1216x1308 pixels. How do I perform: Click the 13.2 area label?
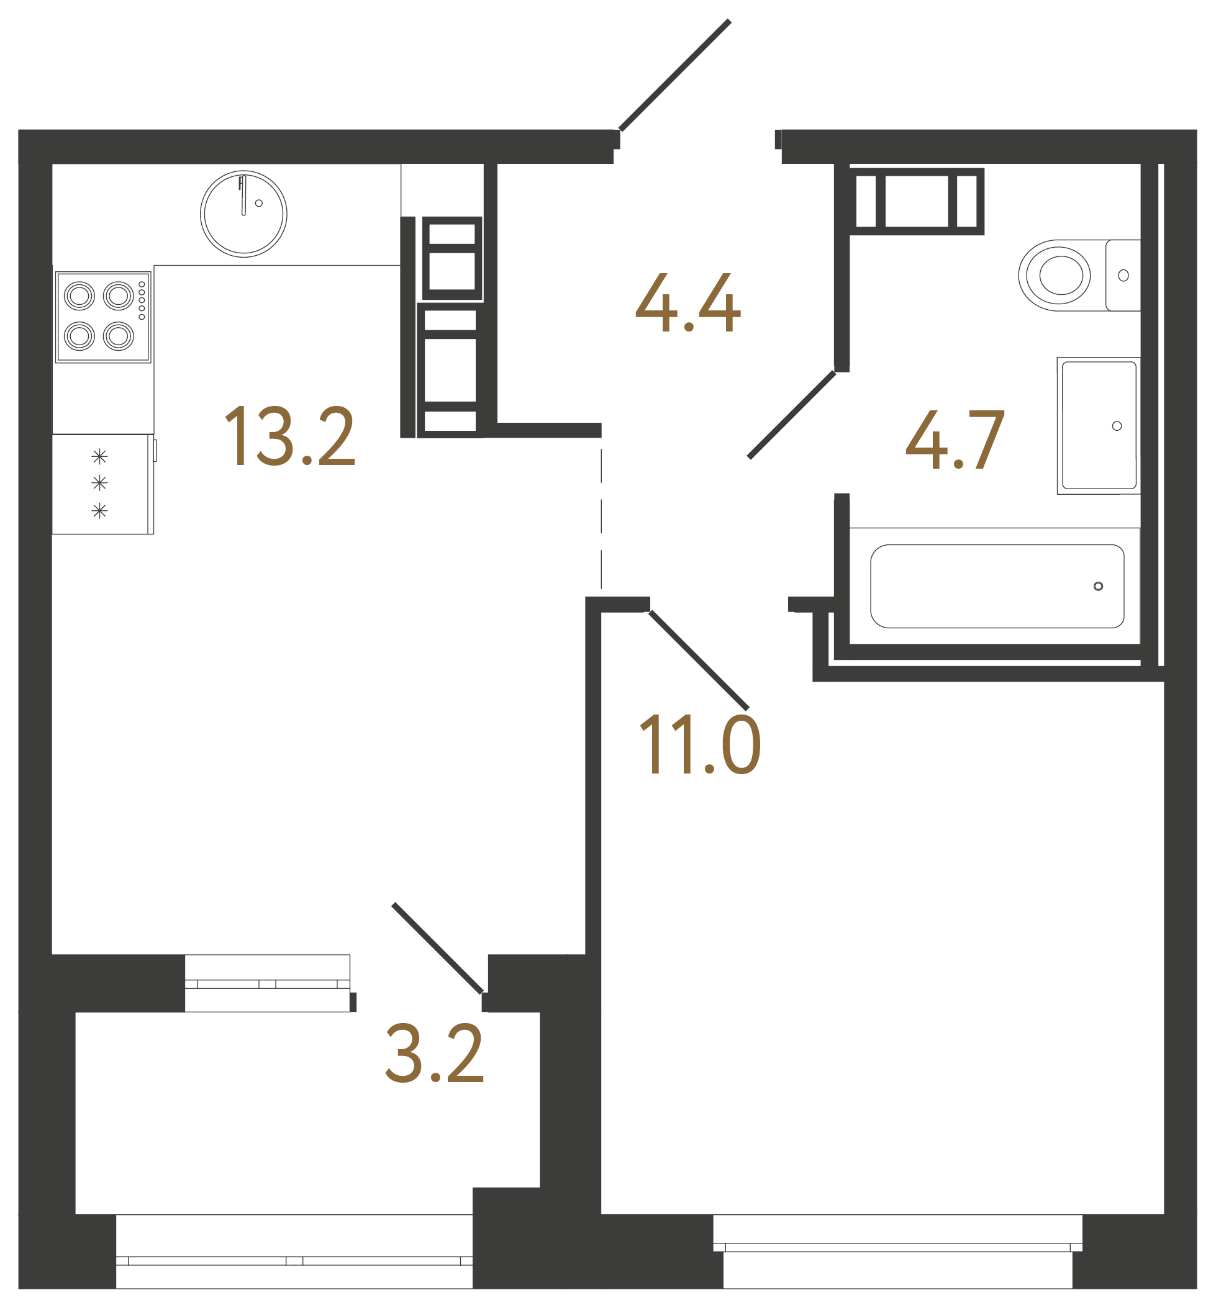point(290,436)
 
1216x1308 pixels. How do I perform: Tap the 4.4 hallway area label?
point(687,303)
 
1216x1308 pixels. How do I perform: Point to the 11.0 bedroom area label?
point(699,744)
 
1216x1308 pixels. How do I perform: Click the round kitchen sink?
point(243,214)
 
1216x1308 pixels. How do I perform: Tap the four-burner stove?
point(103,317)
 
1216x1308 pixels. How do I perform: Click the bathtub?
point(996,586)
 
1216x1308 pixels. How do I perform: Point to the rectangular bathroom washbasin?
point(1098,425)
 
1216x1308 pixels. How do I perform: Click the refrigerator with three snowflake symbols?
point(102,484)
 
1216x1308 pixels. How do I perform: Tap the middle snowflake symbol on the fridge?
point(99,484)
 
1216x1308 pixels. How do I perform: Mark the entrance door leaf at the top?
point(674,75)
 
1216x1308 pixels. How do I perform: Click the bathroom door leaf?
point(792,415)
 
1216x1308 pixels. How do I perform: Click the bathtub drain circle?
point(1098,586)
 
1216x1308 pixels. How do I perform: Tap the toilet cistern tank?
point(1123,275)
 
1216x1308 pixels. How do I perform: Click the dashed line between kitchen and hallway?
point(601,520)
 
